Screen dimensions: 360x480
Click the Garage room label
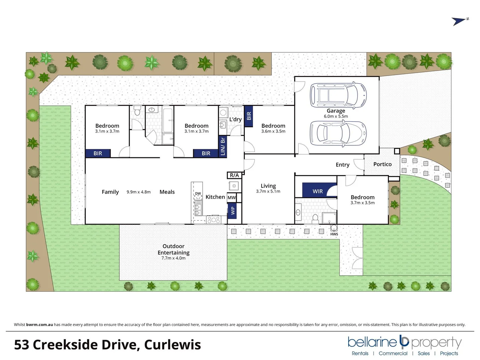pyautogui.click(x=336, y=111)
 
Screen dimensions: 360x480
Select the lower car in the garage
pyautogui.click(x=338, y=133)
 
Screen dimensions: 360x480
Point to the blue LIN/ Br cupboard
pyautogui.click(x=223, y=146)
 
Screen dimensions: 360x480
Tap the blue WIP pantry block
pyautogui.click(x=232, y=210)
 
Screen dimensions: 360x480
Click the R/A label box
pyautogui.click(x=234, y=175)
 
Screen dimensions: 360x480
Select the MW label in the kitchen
pyautogui.click(x=231, y=198)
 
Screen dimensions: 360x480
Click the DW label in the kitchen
pyautogui.click(x=198, y=194)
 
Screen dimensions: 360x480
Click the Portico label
pyautogui.click(x=382, y=164)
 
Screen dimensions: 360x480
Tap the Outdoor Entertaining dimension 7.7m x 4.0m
pyautogui.click(x=173, y=258)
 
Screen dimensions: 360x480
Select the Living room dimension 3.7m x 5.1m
pyautogui.click(x=268, y=191)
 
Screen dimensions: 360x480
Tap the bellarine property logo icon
pyautogui.click(x=404, y=341)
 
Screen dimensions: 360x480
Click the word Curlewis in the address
pyautogui.click(x=172, y=345)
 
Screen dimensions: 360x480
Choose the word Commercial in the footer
pyautogui.click(x=393, y=353)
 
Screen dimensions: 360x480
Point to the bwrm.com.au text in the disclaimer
pyautogui.click(x=39, y=325)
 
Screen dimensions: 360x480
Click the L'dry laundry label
pyautogui.click(x=235, y=119)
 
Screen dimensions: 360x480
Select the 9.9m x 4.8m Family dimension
pyautogui.click(x=138, y=192)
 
